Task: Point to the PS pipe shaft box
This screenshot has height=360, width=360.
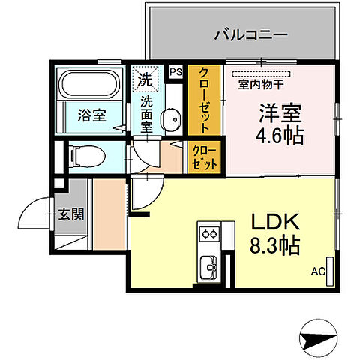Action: click(x=177, y=72)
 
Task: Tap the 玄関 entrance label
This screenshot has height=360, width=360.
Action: click(x=71, y=214)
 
